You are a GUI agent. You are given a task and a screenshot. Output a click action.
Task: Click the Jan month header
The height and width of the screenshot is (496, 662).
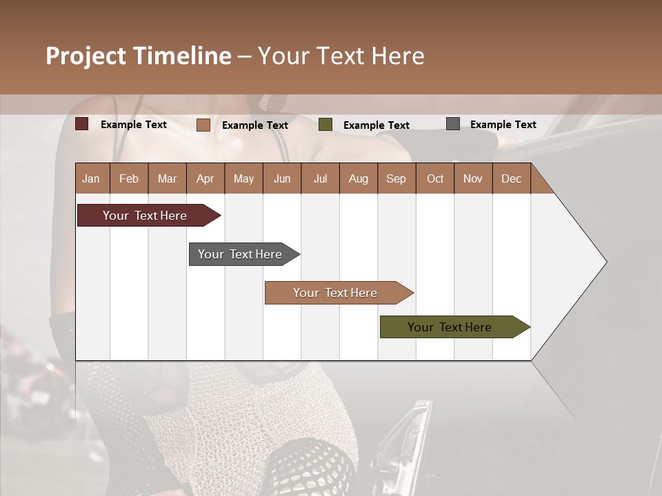coord(92,178)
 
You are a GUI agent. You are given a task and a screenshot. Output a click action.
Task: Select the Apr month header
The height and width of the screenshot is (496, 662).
coord(205,178)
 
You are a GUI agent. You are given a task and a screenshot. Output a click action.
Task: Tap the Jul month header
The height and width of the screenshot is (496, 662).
coord(320,178)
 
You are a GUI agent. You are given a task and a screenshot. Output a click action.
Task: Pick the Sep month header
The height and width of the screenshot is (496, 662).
coord(396,178)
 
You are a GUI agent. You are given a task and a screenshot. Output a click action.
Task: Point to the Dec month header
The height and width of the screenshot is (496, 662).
coord(511,178)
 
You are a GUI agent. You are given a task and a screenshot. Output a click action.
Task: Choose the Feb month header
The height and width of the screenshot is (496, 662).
coord(129,178)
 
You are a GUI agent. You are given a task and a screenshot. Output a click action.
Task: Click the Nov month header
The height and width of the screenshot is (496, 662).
coord(472,178)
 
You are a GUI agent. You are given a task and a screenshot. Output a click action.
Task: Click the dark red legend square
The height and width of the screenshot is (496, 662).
coord(82,124)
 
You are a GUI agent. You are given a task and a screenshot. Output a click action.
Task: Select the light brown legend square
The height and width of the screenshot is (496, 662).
coord(203,125)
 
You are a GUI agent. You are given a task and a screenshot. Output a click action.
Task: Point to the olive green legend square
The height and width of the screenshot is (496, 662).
coord(325,125)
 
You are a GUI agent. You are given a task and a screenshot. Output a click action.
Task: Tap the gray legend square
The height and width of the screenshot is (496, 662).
coord(453,124)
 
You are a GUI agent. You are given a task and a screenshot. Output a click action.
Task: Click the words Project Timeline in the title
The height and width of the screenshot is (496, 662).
coord(139,56)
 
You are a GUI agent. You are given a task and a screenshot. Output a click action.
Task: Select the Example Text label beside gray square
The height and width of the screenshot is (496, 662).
coord(503,125)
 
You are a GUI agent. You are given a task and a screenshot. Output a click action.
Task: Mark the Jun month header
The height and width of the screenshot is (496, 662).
coord(282,178)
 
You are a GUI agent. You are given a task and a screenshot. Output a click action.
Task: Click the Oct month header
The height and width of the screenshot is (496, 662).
coord(435,178)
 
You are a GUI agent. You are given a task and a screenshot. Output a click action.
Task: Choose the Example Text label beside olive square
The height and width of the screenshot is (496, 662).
coord(376,125)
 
